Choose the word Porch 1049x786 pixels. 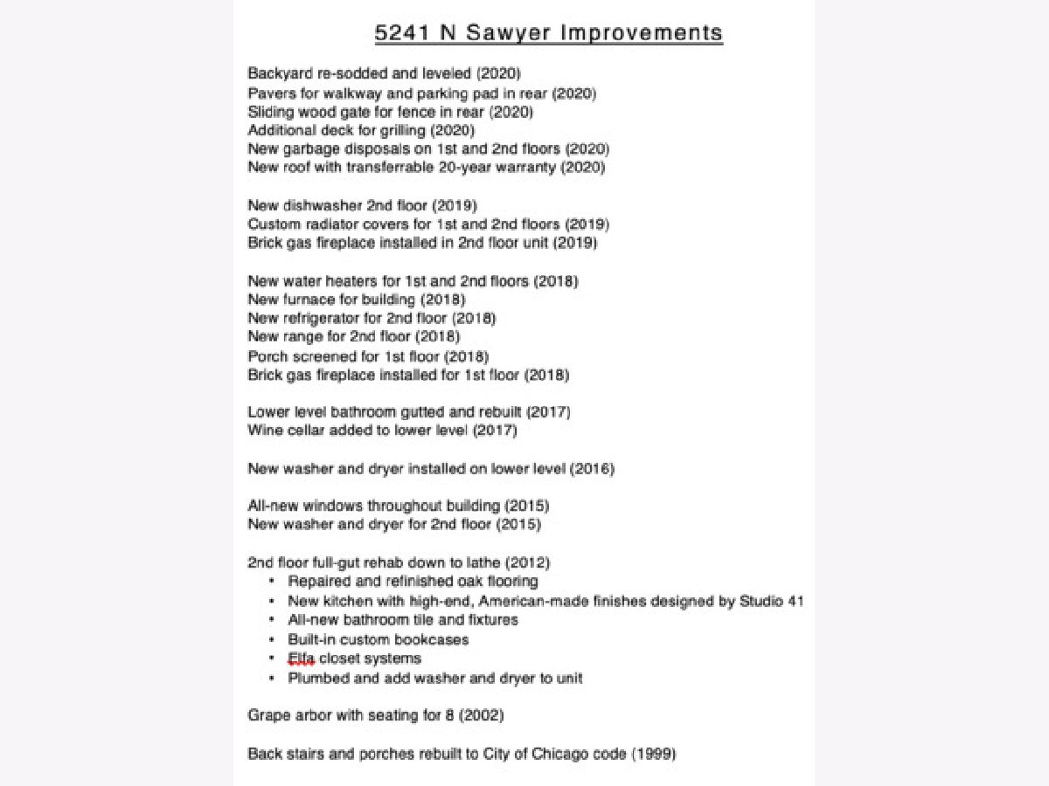[267, 356]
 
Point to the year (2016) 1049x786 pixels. [593, 469]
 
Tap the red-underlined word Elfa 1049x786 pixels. [301, 658]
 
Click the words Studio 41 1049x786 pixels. [772, 601]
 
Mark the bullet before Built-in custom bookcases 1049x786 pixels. [272, 639]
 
